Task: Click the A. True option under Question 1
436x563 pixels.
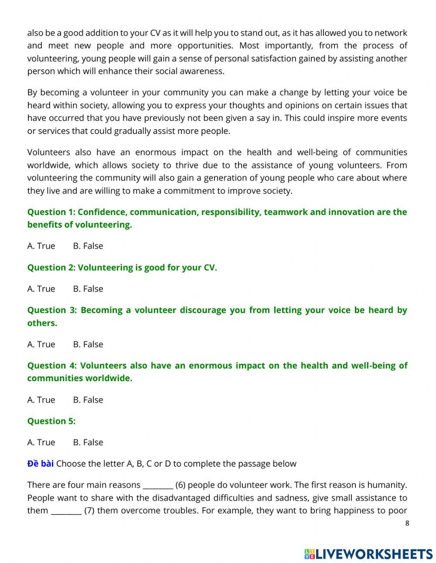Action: click(x=41, y=246)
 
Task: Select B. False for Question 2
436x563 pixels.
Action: click(x=88, y=289)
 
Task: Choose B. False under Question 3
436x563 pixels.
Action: click(x=88, y=344)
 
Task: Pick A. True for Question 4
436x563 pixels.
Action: click(x=41, y=399)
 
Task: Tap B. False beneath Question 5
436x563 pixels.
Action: click(x=88, y=442)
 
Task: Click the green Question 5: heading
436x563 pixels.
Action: click(x=51, y=421)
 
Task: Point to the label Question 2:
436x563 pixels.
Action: click(x=51, y=268)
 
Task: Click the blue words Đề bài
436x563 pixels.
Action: click(x=40, y=464)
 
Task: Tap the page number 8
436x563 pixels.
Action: click(x=407, y=523)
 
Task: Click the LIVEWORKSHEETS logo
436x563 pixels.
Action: click(x=368, y=554)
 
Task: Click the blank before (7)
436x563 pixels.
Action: click(x=66, y=511)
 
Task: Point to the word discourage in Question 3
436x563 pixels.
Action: click(x=202, y=310)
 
